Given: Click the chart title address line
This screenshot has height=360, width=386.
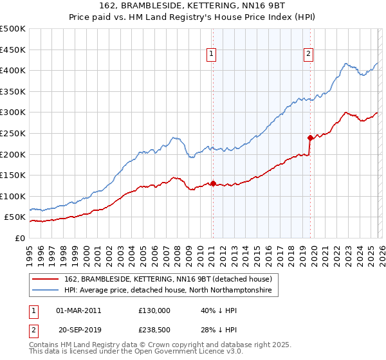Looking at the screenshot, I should click(192, 6).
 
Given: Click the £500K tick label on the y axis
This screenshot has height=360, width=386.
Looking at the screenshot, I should click(13, 29).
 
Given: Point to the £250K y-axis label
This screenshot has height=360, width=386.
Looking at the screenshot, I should click(13, 133).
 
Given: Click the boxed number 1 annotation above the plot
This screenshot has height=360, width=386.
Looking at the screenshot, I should click(212, 55).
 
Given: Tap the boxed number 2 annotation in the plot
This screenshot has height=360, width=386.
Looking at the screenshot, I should click(309, 55).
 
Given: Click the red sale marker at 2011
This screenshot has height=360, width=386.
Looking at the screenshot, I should click(213, 183).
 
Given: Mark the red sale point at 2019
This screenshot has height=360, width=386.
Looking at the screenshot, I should click(310, 138).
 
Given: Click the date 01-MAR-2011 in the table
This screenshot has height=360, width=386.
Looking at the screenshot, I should click(78, 310).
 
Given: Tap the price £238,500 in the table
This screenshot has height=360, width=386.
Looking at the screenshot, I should click(154, 331).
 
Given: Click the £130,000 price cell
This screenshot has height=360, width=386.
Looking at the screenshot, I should click(154, 310).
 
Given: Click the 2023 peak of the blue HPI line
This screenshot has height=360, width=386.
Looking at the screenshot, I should click(346, 64).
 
